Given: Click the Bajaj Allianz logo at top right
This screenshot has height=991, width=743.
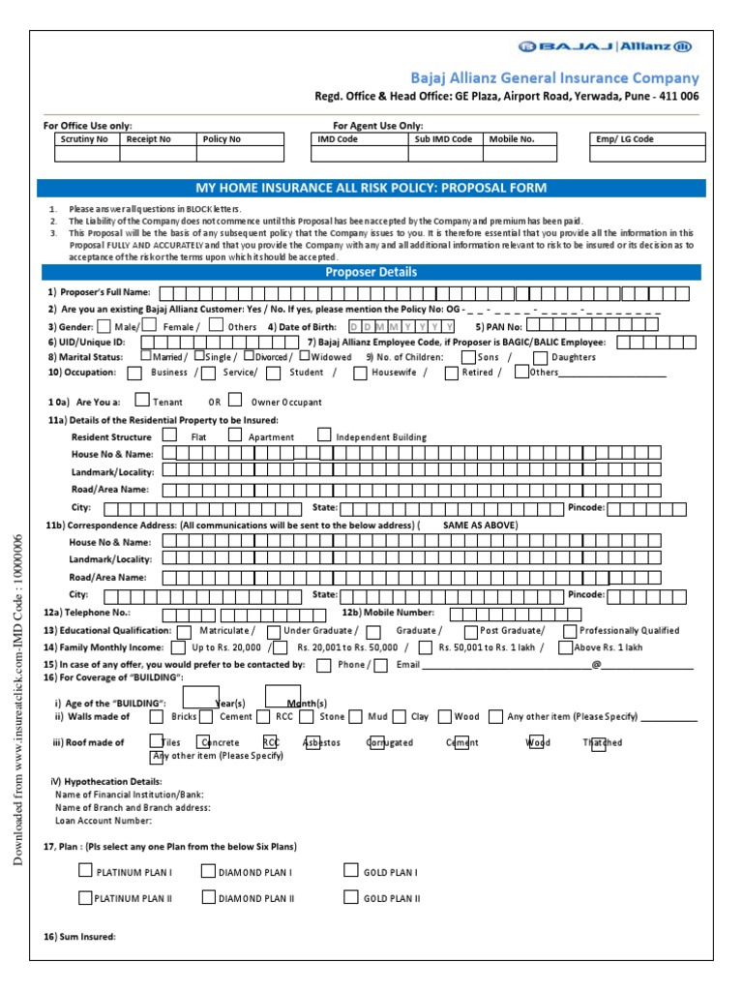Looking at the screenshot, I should click(x=605, y=46).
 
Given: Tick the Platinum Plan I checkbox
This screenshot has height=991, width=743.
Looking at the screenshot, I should click(x=85, y=871).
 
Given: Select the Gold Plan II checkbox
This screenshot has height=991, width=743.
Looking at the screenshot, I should click(x=351, y=897).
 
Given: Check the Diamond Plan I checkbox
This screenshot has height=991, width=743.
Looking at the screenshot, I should click(x=208, y=871).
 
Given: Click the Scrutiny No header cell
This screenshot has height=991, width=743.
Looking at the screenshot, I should click(x=84, y=139).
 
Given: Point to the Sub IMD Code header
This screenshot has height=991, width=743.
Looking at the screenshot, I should click(x=443, y=139).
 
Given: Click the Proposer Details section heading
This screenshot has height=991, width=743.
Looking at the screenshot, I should click(x=371, y=273).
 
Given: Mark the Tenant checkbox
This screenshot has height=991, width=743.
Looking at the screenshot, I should click(x=142, y=400).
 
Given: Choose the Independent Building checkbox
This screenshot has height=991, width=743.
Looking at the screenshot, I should click(x=324, y=435).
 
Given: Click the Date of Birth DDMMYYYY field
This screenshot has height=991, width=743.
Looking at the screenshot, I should click(x=401, y=326).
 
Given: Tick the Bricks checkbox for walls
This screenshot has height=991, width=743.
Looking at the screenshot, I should click(x=157, y=717).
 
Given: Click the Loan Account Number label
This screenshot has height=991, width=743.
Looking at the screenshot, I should click(x=104, y=821).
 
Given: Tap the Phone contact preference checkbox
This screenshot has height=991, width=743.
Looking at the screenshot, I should click(x=323, y=665).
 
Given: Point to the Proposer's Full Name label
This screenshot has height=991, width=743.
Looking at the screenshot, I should click(x=99, y=292).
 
